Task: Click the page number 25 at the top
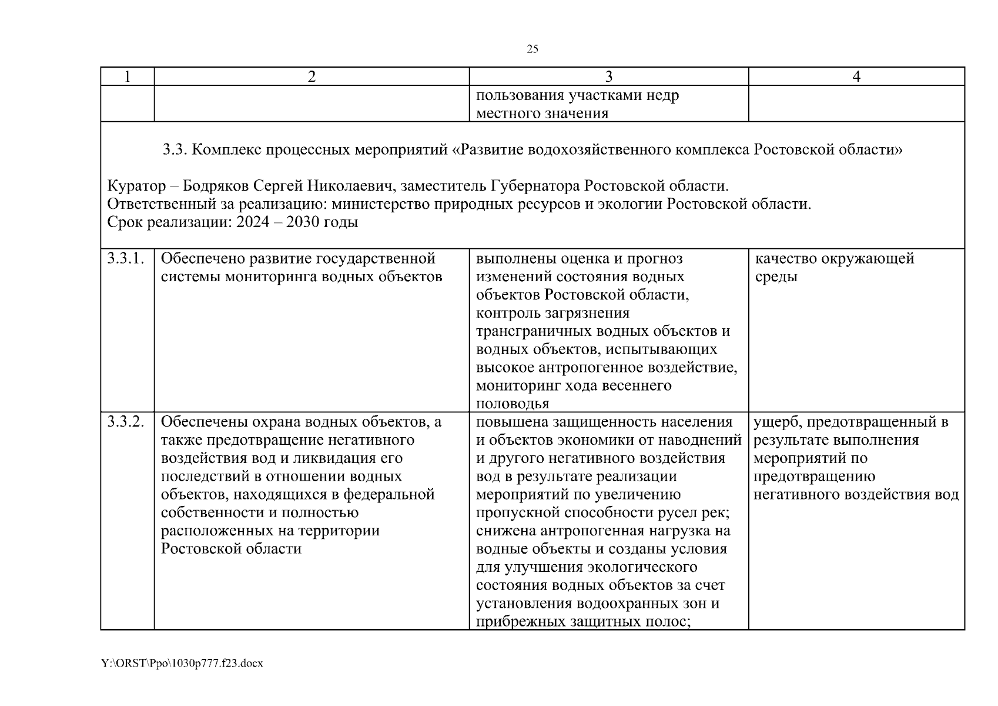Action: coord(532,49)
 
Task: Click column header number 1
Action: coord(128,76)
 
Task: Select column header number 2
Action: coord(312,76)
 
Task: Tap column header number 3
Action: coord(608,76)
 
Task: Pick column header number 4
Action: coord(856,76)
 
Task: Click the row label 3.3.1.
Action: coord(126,258)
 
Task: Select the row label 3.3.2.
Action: coord(126,422)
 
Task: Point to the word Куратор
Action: coord(136,187)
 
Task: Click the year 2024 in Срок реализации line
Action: coord(252,223)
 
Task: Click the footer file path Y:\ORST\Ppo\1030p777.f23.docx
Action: coord(182,664)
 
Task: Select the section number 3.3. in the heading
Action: coord(175,150)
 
